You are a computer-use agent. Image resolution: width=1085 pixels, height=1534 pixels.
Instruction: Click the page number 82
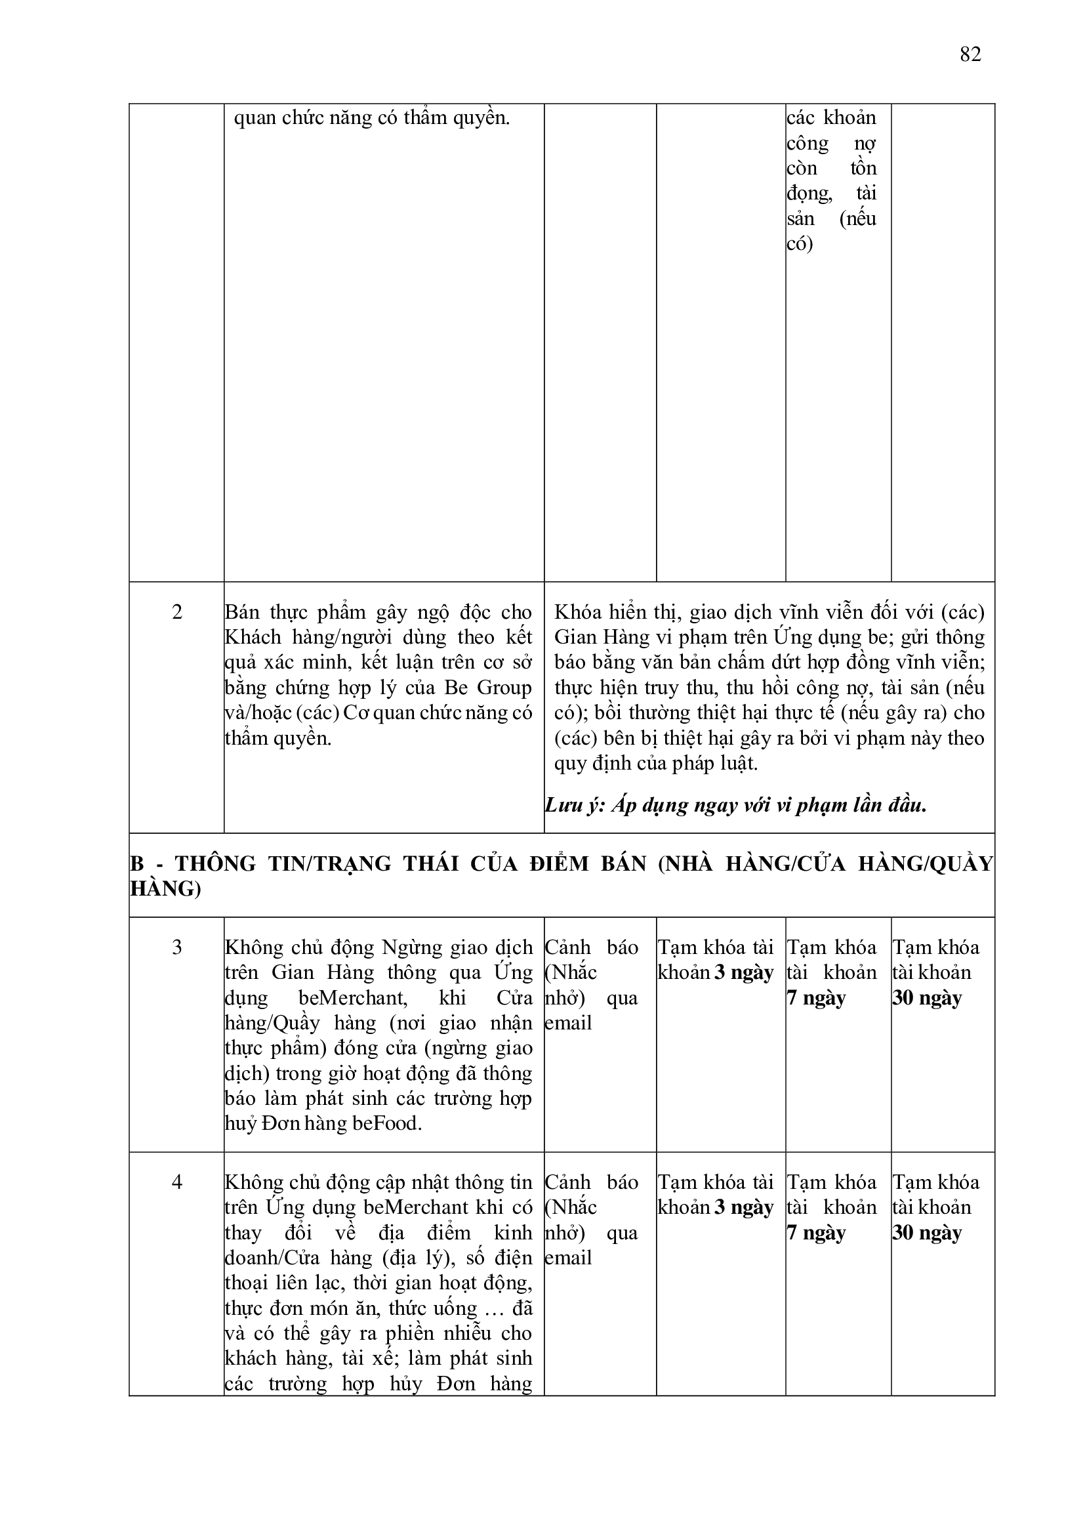click(x=970, y=54)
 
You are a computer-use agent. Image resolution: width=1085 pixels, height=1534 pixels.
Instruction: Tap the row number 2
click(x=176, y=612)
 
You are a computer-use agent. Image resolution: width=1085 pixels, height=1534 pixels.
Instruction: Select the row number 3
click(x=176, y=947)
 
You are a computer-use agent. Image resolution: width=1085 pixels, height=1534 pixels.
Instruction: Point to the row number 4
click(x=176, y=1182)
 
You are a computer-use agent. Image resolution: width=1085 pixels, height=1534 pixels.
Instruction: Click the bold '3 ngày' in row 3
click(x=744, y=973)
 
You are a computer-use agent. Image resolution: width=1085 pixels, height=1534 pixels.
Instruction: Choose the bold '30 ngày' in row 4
click(x=927, y=1233)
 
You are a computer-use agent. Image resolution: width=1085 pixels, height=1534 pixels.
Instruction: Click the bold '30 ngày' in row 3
click(x=927, y=998)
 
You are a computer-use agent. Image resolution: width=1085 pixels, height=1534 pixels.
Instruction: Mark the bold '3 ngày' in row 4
click(x=744, y=1207)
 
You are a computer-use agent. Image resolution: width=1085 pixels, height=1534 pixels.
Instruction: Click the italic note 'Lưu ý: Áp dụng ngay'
click(x=735, y=805)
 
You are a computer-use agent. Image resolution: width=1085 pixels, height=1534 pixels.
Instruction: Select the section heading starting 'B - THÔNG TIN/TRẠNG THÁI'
click(x=562, y=875)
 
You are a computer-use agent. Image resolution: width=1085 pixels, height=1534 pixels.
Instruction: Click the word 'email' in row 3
click(x=568, y=1024)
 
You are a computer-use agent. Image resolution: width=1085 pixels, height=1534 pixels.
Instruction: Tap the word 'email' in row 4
click(x=568, y=1258)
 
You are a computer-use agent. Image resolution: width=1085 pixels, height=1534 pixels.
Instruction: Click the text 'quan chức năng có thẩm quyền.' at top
click(x=371, y=118)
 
